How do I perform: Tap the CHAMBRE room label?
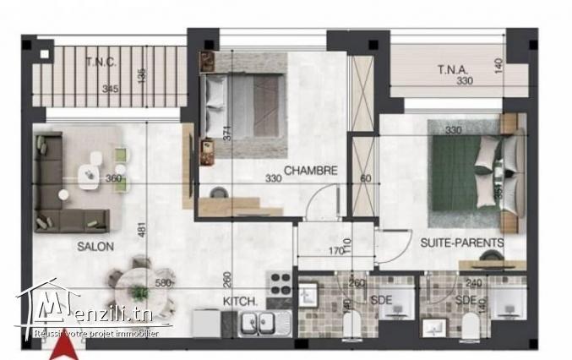pyautogui.click(x=310, y=170)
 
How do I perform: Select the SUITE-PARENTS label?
pyautogui.click(x=462, y=243)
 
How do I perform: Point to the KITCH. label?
pyautogui.click(x=239, y=301)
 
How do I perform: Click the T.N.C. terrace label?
pyautogui.click(x=100, y=61)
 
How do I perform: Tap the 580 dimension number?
pyautogui.click(x=164, y=284)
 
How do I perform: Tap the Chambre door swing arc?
pyautogui.click(x=319, y=205)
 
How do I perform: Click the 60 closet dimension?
pyautogui.click(x=364, y=178)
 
